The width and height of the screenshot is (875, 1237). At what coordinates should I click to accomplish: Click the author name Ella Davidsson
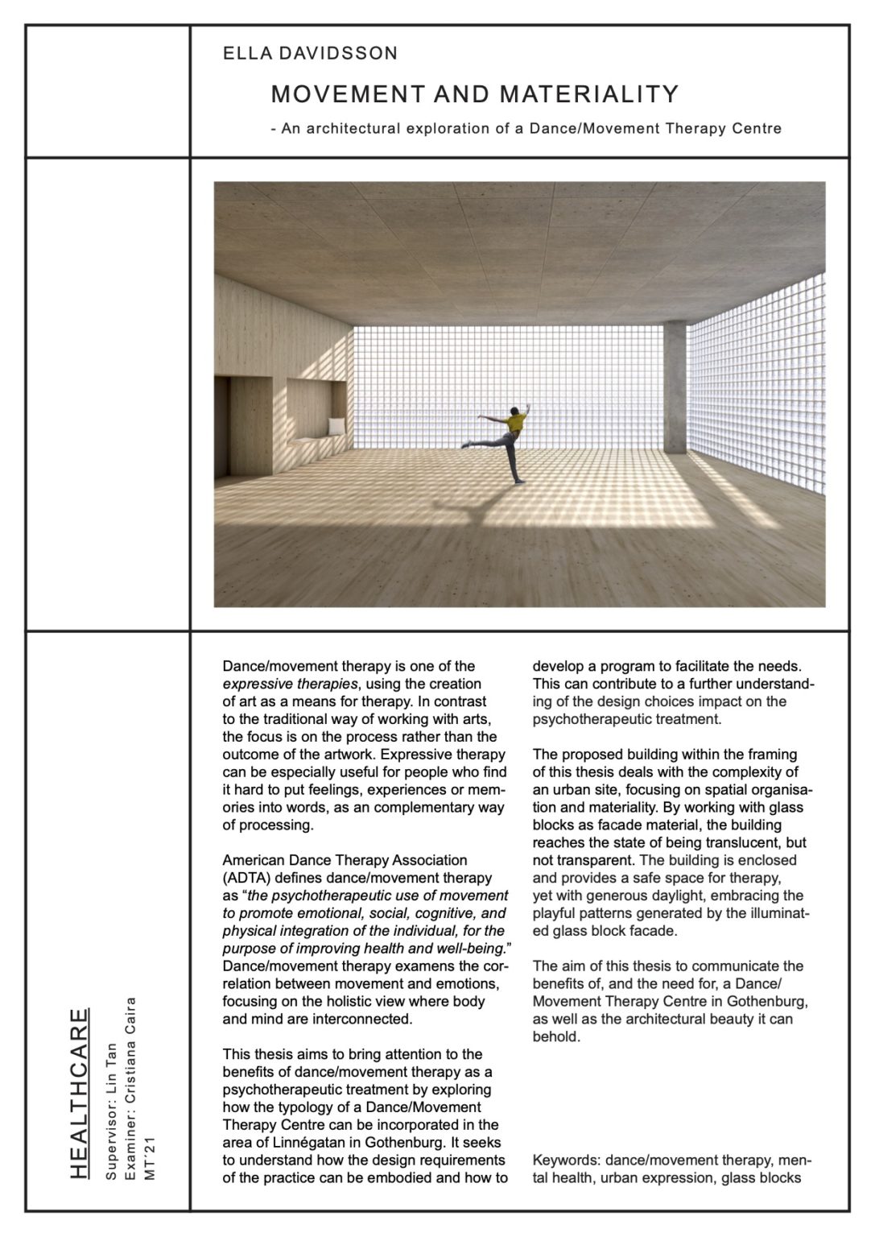pyautogui.click(x=310, y=54)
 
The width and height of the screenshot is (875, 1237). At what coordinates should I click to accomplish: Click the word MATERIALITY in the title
pyautogui.click(x=589, y=95)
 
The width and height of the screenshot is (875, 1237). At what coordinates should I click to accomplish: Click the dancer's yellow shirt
pyautogui.click(x=516, y=421)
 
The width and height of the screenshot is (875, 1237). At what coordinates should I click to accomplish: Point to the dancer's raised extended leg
pyautogui.click(x=483, y=441)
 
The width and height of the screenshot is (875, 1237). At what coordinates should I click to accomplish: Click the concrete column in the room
pyautogui.click(x=675, y=386)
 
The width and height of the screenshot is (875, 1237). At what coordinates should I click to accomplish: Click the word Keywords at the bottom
pyautogui.click(x=566, y=1160)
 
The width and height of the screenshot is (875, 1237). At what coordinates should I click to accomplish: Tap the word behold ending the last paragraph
pyautogui.click(x=555, y=1036)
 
